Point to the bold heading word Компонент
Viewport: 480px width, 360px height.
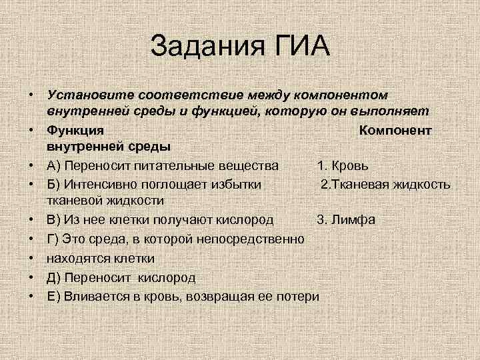coord(395,130)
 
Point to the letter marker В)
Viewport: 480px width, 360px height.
coord(55,220)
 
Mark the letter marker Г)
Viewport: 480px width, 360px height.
coord(54,238)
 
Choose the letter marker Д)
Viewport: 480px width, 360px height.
coord(55,277)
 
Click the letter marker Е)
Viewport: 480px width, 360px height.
coord(55,295)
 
